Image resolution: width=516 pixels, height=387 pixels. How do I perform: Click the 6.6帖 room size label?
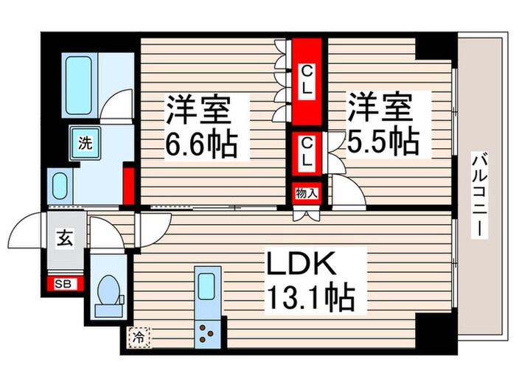[201, 144]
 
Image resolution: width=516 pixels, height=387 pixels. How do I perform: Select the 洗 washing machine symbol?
[86, 143]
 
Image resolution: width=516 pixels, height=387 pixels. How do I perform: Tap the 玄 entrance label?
[65, 238]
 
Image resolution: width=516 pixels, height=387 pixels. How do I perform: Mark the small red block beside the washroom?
[129, 186]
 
